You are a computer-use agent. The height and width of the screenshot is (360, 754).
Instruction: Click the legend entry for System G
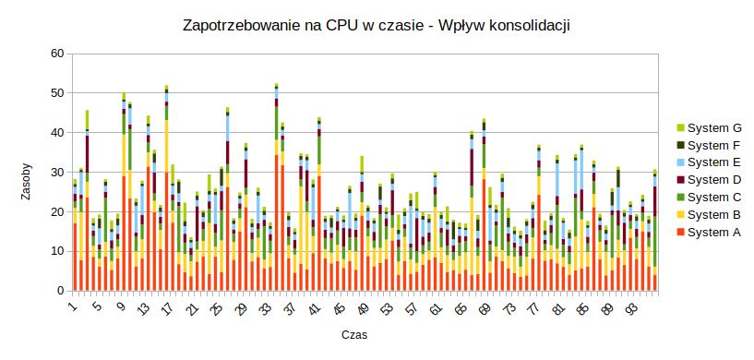point(714,127)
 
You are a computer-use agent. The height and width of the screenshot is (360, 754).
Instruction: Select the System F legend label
point(714,145)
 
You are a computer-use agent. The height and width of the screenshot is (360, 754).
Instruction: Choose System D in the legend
point(714,180)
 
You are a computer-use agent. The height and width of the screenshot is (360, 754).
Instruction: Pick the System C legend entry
point(714,198)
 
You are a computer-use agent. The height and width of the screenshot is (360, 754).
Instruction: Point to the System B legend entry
point(714,215)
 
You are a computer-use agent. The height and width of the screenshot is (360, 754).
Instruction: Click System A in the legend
point(714,233)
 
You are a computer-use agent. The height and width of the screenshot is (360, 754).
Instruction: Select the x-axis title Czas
point(355,334)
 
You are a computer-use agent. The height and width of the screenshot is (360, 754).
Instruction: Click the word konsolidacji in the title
point(526,26)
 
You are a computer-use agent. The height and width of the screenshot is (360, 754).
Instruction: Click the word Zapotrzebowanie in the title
point(242,26)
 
